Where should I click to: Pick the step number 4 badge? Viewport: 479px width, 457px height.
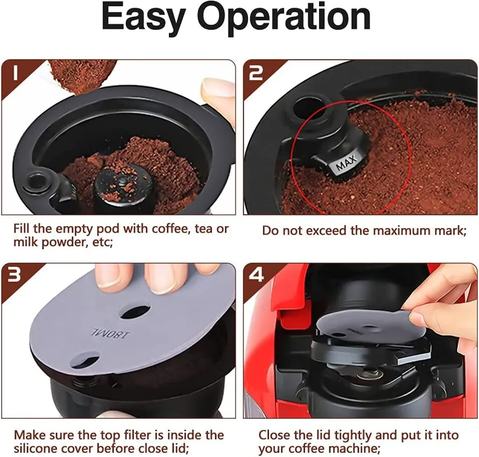tap(256, 275)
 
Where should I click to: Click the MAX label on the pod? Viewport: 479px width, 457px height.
tap(347, 164)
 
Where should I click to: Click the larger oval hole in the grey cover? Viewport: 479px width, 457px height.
tap(135, 312)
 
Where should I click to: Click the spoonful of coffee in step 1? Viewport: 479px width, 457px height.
tap(82, 75)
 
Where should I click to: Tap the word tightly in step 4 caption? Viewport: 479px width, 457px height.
tap(352, 435)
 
